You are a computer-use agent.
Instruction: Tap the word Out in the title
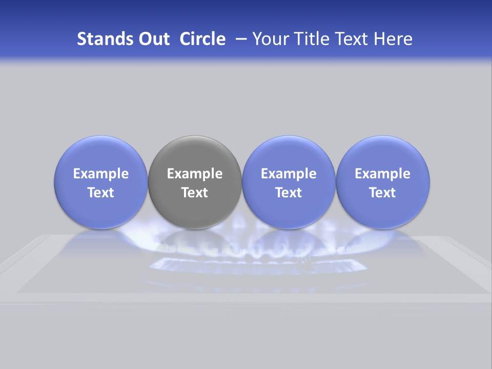pyautogui.click(x=153, y=39)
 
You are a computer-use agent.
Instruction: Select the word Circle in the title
pyautogui.click(x=202, y=39)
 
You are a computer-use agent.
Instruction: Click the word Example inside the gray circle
pyautogui.click(x=195, y=174)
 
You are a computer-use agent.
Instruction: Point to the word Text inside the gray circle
pyautogui.click(x=195, y=193)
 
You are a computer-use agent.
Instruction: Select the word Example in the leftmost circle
pyautogui.click(x=100, y=174)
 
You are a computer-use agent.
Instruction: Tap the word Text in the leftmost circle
pyautogui.click(x=100, y=193)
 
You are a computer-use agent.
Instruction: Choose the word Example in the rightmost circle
pyautogui.click(x=383, y=174)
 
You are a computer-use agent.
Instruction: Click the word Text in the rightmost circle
pyautogui.click(x=383, y=193)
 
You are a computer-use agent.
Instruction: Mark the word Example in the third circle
pyautogui.click(x=289, y=174)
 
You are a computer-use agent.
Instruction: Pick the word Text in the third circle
pyautogui.click(x=289, y=193)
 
